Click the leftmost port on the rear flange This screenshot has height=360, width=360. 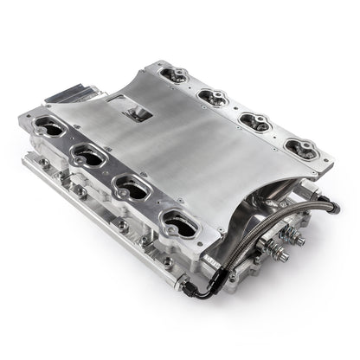tap(174, 74)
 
